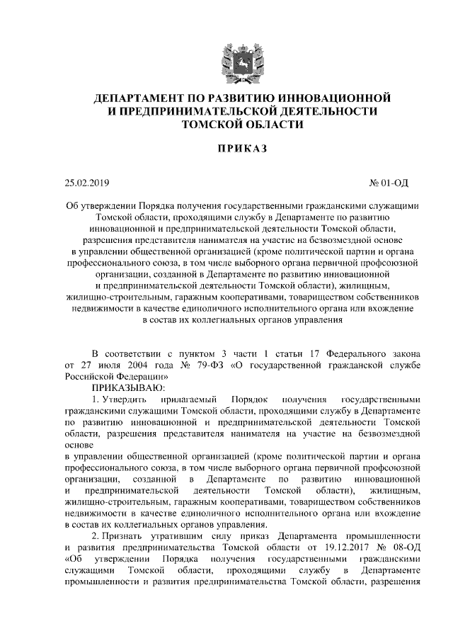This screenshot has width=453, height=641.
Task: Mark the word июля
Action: (99, 365)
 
